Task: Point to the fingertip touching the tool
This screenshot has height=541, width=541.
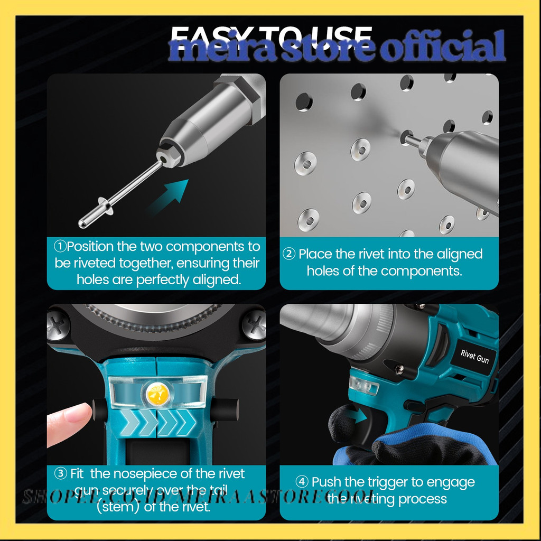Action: coord(79,413)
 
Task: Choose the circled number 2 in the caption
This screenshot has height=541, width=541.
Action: coord(289,254)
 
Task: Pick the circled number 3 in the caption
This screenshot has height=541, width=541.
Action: coord(61,473)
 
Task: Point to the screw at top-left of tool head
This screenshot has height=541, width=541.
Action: coord(58,324)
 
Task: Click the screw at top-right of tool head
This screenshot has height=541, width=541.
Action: coord(254,324)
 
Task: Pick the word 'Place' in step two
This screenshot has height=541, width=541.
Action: coord(316,254)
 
